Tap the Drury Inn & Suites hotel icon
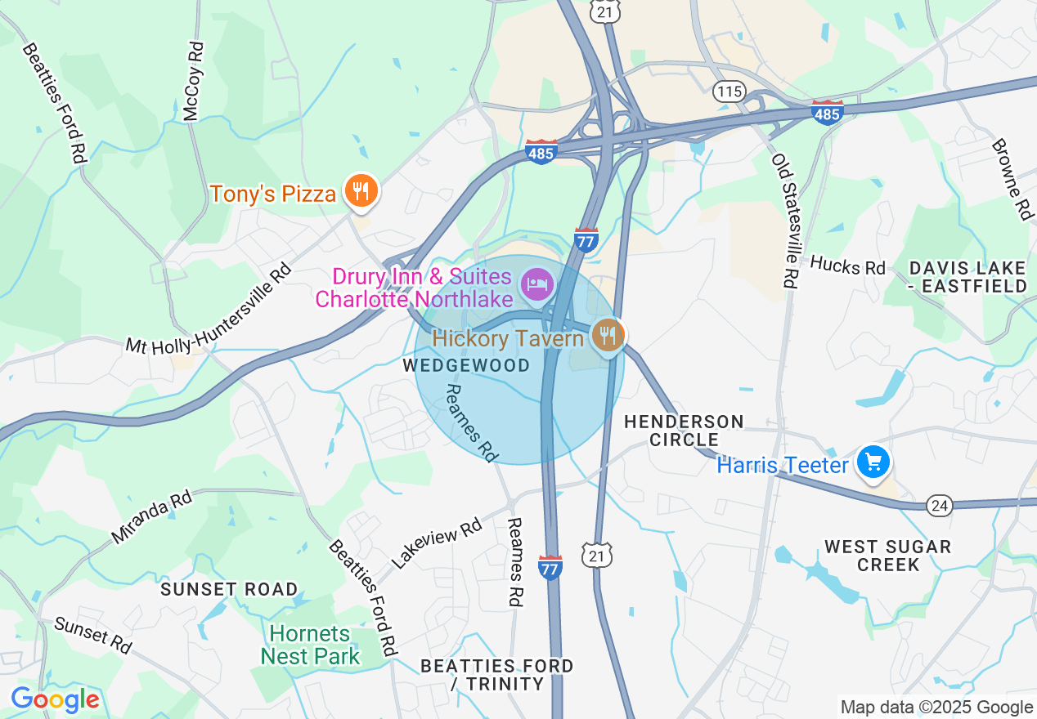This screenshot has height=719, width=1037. click(x=538, y=284)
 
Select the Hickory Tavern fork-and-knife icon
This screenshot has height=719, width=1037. click(x=607, y=334)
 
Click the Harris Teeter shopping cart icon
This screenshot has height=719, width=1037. click(x=873, y=462)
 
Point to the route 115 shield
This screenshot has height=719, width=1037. click(x=728, y=91)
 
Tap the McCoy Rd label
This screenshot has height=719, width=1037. click(x=193, y=82)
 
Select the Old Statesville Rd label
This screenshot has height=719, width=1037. click(x=784, y=221)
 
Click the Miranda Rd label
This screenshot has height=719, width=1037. click(x=152, y=517)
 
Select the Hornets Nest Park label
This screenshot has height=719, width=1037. click(x=310, y=645)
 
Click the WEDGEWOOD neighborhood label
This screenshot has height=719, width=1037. click(x=466, y=365)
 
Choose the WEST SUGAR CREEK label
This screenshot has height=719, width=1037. click(x=887, y=556)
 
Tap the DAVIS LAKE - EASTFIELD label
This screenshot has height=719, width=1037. click(x=967, y=277)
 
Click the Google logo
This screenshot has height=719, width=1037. click(x=55, y=700)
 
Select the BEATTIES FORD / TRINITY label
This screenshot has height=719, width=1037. click(x=496, y=675)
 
